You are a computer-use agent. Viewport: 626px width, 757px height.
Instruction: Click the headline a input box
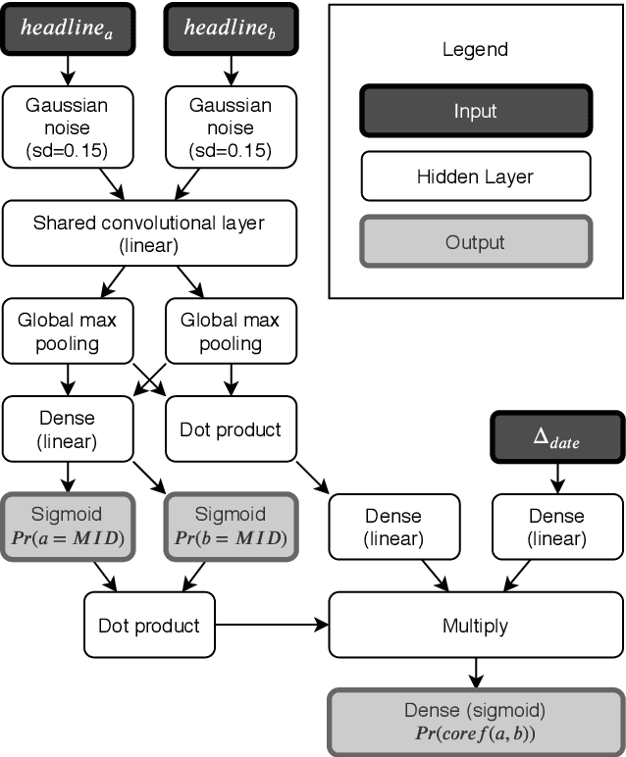click(x=68, y=29)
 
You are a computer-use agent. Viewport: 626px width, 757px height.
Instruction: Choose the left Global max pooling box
click(x=68, y=332)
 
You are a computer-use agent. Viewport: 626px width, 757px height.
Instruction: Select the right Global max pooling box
click(x=231, y=332)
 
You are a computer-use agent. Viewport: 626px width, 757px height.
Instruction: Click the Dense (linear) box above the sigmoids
click(x=68, y=429)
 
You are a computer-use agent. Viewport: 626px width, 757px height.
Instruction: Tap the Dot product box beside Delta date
click(x=231, y=429)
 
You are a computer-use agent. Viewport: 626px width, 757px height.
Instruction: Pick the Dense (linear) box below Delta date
click(x=556, y=527)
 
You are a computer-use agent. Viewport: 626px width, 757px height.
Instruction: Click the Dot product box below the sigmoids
click(x=149, y=625)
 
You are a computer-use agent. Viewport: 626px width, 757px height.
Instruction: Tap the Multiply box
click(x=475, y=625)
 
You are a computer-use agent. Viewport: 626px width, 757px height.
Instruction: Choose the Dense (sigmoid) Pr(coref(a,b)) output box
click(x=475, y=722)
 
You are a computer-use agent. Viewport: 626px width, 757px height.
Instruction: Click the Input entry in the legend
click(x=475, y=111)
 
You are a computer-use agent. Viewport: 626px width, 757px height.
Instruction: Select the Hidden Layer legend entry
click(x=475, y=177)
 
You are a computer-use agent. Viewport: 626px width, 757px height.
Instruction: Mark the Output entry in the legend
click(x=475, y=242)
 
